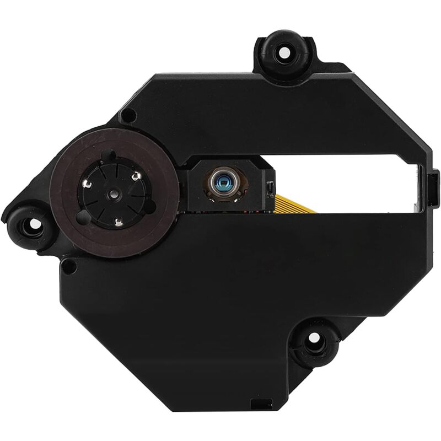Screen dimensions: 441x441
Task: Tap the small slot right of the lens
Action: [270, 189]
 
